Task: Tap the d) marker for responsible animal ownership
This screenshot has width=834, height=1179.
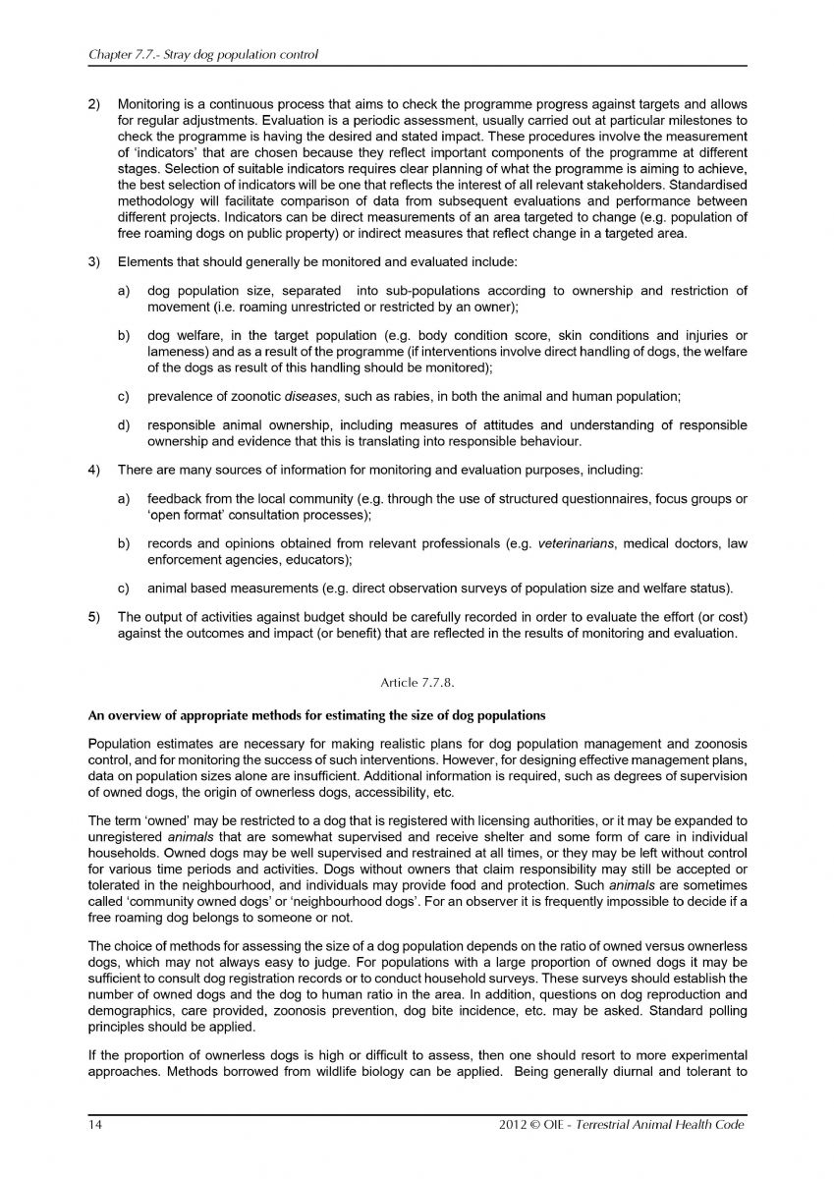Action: (x=125, y=424)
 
